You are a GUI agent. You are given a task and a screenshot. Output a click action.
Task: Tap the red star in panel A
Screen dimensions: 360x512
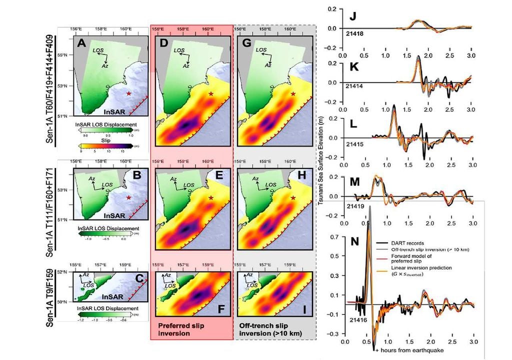click(129, 93)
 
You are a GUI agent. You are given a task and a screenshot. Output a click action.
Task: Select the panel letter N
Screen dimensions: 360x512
click(354, 241)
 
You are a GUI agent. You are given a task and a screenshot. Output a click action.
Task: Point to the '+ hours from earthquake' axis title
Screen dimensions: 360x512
click(408, 350)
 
